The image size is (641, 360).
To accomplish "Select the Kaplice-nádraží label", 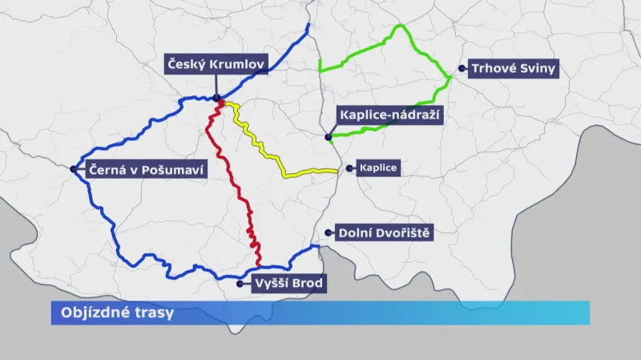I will tap(390, 115).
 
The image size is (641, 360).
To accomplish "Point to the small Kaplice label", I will tap(379, 169).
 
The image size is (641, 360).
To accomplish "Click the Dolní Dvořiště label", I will tap(385, 233).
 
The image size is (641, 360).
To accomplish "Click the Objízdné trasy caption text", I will tap(112, 313).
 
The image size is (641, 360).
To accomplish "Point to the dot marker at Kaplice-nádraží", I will tap(329, 138).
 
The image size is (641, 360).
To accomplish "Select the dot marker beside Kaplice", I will tap(349, 169).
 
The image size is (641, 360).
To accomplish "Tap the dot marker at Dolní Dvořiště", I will tap(329, 233).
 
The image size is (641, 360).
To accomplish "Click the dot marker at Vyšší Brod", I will tap(240, 283).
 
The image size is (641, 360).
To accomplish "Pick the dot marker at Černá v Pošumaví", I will tap(74, 169).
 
